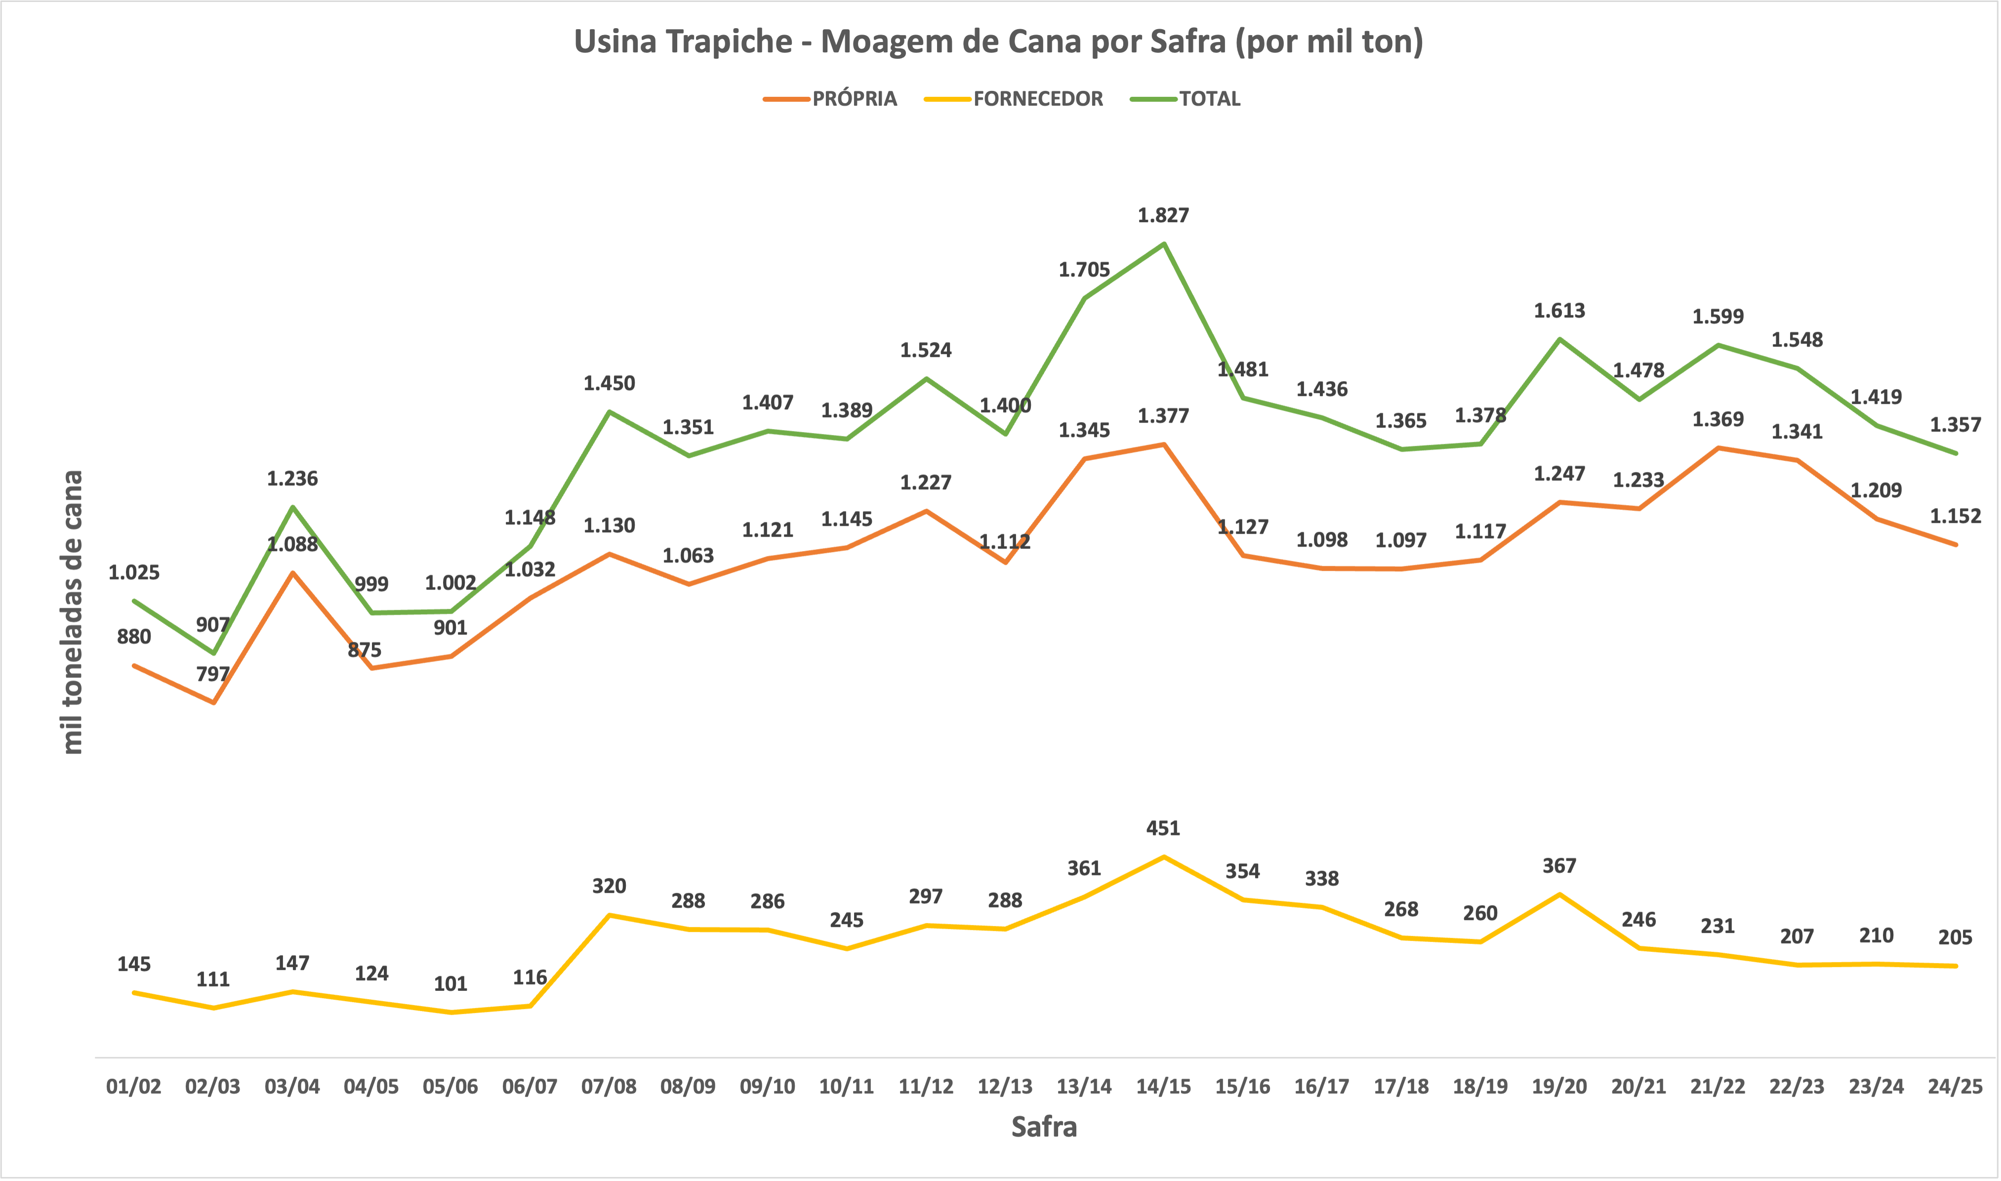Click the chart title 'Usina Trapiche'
point(998,41)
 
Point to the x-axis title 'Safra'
point(1044,1127)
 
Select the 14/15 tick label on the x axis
point(1163,1086)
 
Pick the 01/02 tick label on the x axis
point(134,1086)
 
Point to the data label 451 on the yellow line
point(1163,828)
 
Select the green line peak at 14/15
point(1164,243)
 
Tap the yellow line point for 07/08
point(609,915)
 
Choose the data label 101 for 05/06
point(450,984)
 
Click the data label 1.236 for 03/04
point(292,478)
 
